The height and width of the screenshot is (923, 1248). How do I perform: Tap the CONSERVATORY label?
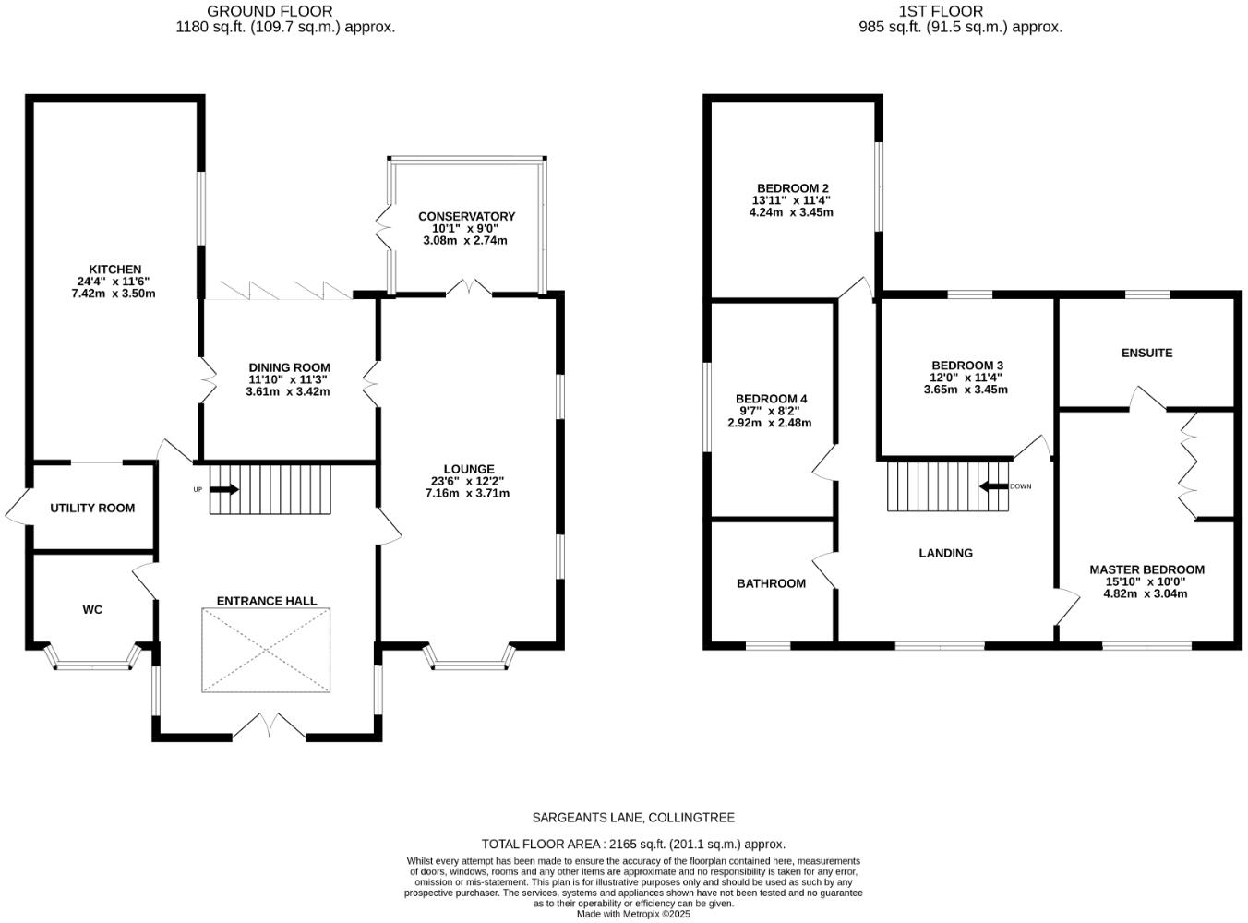point(466,216)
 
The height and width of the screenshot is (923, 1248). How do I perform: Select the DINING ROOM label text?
point(288,367)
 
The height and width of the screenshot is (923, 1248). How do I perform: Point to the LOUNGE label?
point(468,469)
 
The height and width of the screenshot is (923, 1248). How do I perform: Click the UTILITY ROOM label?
point(92,508)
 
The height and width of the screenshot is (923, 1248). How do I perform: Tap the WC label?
point(92,609)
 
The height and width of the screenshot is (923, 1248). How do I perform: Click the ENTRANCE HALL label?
point(267,601)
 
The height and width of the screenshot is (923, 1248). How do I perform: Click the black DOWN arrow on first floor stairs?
point(993,486)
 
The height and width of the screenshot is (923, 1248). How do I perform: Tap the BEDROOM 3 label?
point(966,366)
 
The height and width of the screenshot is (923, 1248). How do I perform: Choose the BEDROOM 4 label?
point(771,399)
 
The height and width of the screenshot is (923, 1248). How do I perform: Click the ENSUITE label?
point(1146,353)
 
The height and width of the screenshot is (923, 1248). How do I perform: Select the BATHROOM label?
point(771,583)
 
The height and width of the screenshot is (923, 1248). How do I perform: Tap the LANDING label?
point(945,553)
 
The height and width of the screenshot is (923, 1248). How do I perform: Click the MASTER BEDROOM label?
point(1146,569)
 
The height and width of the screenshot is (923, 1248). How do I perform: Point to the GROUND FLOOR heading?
point(270,11)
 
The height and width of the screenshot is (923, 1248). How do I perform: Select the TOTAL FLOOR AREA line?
point(633,844)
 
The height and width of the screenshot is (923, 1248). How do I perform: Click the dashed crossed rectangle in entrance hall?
point(267,650)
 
